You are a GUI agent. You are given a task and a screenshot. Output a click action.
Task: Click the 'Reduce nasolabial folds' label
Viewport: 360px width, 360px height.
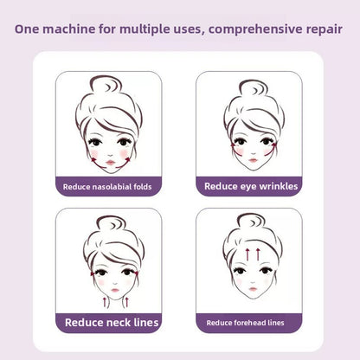[108, 185]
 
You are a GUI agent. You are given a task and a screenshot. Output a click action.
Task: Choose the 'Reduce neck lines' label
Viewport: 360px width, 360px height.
[108, 323]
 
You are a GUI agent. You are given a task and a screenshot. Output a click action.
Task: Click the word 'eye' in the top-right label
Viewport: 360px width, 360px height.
[247, 185]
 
